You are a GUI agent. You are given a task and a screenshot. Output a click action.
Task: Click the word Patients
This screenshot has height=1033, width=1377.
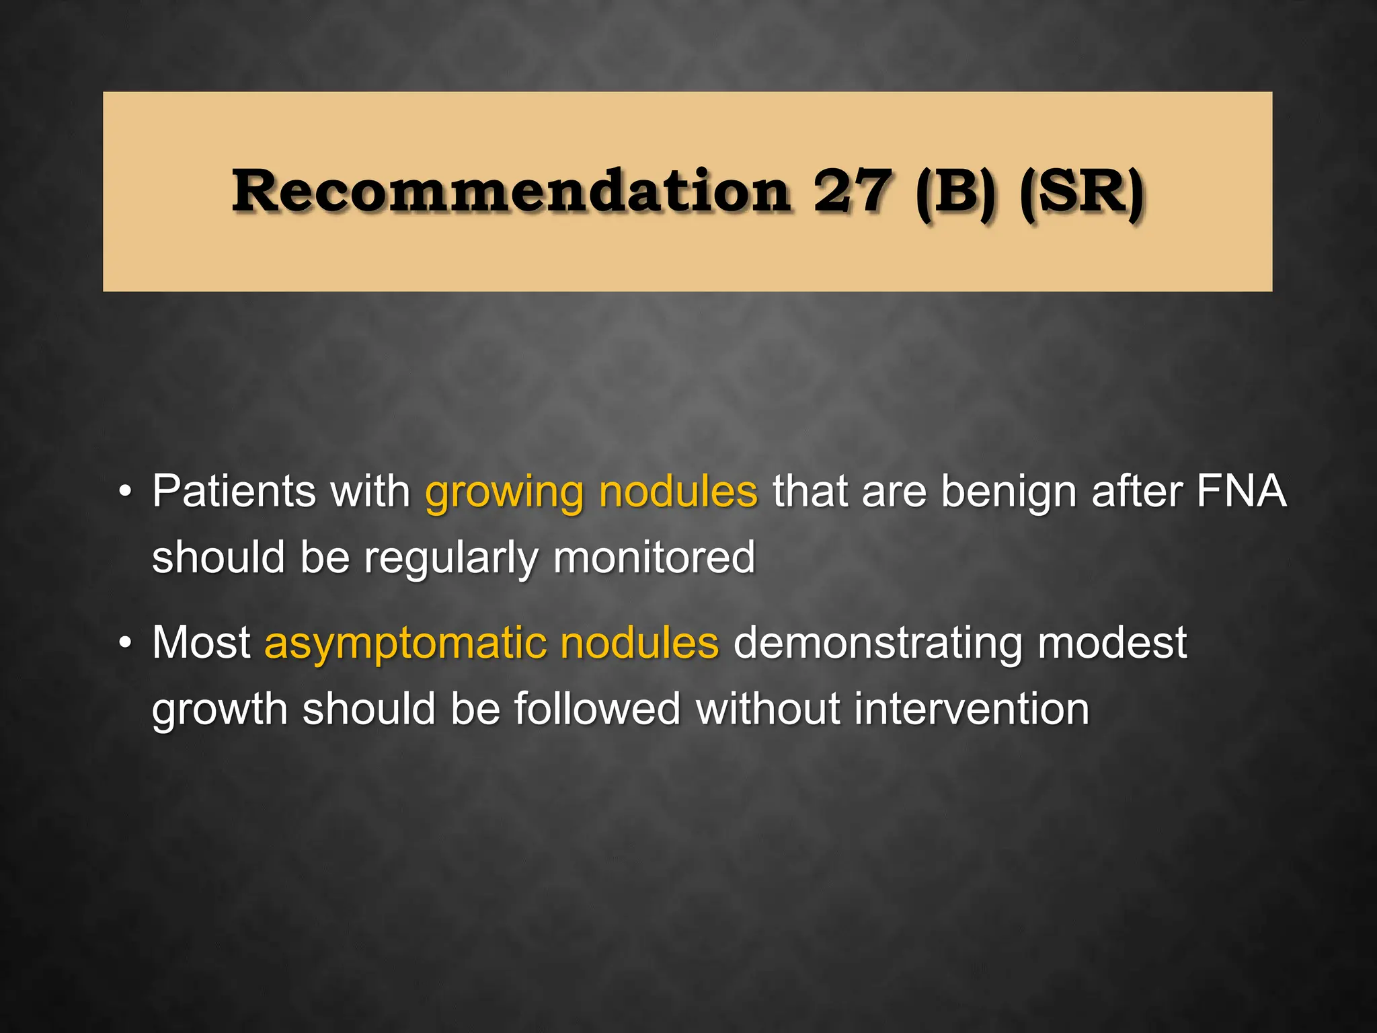[x=234, y=491]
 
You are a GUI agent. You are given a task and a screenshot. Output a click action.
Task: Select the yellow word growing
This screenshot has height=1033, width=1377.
[x=504, y=493]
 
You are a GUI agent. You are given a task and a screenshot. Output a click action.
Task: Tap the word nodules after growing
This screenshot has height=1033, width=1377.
[x=678, y=491]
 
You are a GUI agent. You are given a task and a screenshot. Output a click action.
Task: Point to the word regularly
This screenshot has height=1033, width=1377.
[x=451, y=559]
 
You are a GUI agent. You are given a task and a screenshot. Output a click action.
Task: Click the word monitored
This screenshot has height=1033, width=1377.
[x=654, y=558]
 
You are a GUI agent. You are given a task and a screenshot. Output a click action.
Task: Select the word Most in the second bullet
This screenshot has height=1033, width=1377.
[x=201, y=642]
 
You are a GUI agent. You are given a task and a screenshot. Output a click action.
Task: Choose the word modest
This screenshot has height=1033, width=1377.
[x=1112, y=642]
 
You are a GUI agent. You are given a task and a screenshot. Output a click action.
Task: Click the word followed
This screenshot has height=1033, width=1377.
[x=597, y=709]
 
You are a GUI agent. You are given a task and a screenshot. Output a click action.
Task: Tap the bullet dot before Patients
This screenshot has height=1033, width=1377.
[x=124, y=493]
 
